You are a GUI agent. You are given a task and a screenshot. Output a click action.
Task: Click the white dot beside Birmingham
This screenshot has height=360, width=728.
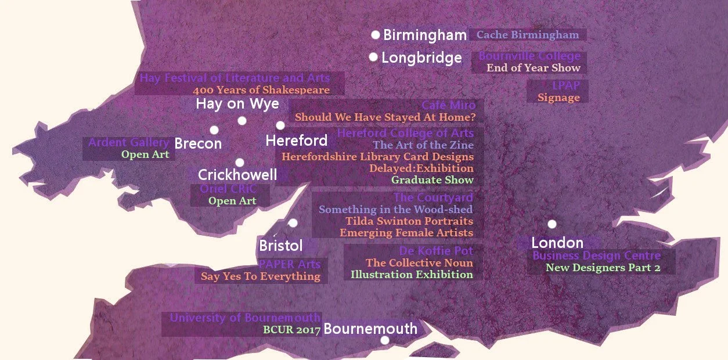[376, 35]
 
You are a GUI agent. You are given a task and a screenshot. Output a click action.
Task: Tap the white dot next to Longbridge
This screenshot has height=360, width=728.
[373, 57]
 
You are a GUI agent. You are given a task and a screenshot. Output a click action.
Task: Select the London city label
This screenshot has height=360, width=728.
[557, 243]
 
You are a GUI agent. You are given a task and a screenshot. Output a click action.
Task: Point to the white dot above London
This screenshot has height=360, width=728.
[552, 224]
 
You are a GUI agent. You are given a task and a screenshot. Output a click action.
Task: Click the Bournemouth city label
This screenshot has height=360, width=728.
[370, 329]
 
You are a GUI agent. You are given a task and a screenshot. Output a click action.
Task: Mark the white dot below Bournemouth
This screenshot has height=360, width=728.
[384, 340]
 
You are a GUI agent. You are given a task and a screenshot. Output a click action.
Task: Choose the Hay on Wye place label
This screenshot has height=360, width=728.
[237, 104]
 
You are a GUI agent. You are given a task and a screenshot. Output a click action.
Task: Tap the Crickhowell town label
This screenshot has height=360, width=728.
[237, 175]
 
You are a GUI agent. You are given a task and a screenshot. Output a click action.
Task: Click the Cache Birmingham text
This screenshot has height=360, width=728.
[527, 35]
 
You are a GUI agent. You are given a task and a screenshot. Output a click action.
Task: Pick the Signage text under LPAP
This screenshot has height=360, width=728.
[558, 98]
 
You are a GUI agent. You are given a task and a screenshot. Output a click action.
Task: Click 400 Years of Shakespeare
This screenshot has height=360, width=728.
[261, 90]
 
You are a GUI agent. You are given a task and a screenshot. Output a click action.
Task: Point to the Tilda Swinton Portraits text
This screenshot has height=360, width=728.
[409, 221]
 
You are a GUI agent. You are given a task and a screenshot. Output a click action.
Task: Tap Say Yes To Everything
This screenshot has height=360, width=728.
[261, 276]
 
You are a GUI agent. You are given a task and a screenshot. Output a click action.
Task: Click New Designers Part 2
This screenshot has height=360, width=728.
[603, 268]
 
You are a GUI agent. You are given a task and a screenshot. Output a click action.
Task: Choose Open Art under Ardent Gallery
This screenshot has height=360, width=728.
[145, 154]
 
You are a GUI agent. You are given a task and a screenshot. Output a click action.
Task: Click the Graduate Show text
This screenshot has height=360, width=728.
[432, 180]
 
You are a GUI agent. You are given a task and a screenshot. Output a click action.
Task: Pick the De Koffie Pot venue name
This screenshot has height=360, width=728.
[436, 251]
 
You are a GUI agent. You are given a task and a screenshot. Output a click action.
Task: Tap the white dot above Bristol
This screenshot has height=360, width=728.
[293, 223]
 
